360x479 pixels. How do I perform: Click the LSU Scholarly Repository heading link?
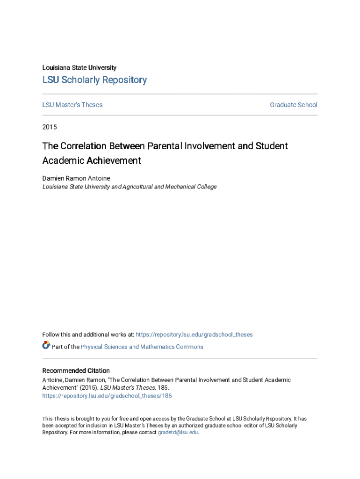(94, 80)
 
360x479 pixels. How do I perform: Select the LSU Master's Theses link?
(72, 105)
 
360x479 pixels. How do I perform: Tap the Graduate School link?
(293, 105)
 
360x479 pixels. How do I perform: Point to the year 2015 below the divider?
(50, 127)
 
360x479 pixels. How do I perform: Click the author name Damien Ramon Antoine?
(76, 178)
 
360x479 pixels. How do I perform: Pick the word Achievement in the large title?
(114, 160)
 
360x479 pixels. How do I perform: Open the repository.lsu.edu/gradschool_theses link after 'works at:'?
(194, 334)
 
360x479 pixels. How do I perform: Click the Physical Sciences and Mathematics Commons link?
(142, 347)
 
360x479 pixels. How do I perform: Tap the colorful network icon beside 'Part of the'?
(46, 346)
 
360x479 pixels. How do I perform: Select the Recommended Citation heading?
(76, 370)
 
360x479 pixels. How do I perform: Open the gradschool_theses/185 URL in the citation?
(107, 396)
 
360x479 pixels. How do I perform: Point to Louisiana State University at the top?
(79, 68)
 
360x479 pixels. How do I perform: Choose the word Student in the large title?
(272, 146)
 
